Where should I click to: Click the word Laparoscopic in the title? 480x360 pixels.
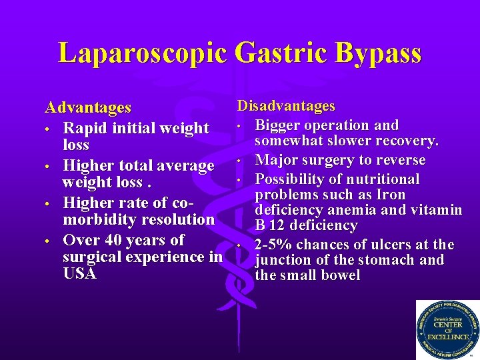(142, 53)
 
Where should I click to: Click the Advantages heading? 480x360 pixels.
(87, 107)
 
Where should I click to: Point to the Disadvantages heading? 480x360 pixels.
(286, 106)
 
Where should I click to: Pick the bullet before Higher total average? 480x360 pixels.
(49, 165)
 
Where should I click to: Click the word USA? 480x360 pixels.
(79, 273)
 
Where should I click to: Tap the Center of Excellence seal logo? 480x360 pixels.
(447, 330)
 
